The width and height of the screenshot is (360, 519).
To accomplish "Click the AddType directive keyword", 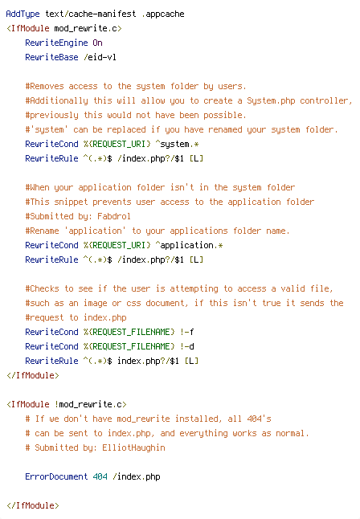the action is [x=22, y=14].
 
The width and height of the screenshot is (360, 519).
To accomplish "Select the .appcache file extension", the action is [x=163, y=14].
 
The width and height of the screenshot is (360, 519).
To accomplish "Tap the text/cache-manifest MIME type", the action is [x=91, y=14].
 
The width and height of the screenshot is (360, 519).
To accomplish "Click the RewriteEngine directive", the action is [x=56, y=43].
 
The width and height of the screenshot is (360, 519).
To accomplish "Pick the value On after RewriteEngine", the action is [x=98, y=43].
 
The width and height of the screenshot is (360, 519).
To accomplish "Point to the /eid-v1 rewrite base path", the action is [x=100, y=57].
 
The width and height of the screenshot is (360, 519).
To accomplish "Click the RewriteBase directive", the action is [x=51, y=57].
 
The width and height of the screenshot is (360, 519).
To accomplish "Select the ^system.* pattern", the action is [x=177, y=145].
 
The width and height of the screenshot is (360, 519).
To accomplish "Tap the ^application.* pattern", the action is [x=189, y=246].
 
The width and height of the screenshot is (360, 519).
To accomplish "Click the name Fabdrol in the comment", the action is [x=114, y=216].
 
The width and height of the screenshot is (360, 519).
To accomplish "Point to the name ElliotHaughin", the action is [x=133, y=447].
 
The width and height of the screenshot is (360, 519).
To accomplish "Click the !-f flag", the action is [x=186, y=332].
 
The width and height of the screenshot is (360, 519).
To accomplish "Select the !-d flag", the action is [x=186, y=346].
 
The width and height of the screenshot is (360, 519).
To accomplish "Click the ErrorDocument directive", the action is [x=56, y=476].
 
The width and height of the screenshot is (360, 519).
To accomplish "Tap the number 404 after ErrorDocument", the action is [x=100, y=476].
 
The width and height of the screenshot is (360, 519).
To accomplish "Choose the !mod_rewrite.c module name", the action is [x=91, y=404].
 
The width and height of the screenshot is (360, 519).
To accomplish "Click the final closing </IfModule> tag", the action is [x=32, y=505].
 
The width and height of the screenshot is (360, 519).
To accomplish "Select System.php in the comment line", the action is [x=271, y=100].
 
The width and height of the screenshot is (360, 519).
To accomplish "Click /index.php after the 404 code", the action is [x=136, y=476].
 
